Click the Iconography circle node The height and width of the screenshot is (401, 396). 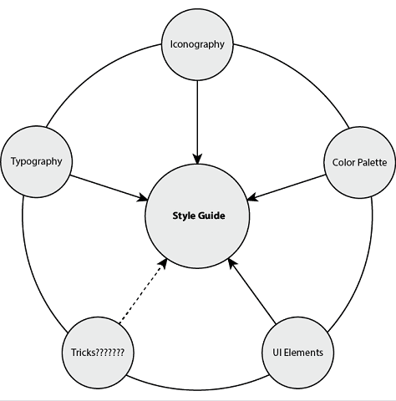point(196,44)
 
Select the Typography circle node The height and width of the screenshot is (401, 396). point(36,160)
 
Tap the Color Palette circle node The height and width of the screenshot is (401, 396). point(358,161)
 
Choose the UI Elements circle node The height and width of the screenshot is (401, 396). point(297,352)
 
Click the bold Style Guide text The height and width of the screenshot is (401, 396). point(198,216)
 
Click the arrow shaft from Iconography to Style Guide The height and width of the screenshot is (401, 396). point(197,117)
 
